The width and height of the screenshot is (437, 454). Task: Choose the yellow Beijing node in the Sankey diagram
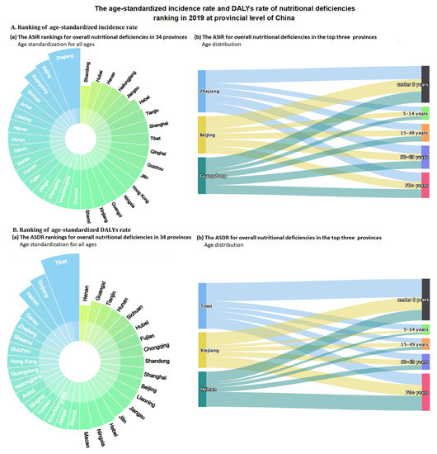pyautogui.click(x=203, y=135)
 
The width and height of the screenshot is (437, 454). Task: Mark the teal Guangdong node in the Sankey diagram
pyautogui.click(x=203, y=175)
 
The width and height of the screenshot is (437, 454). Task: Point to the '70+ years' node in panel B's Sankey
pyautogui.click(x=425, y=392)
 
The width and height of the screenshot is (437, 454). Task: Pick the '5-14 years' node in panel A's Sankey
pyautogui.click(x=425, y=111)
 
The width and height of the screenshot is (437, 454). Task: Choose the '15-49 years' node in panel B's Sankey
pyautogui.click(x=425, y=343)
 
